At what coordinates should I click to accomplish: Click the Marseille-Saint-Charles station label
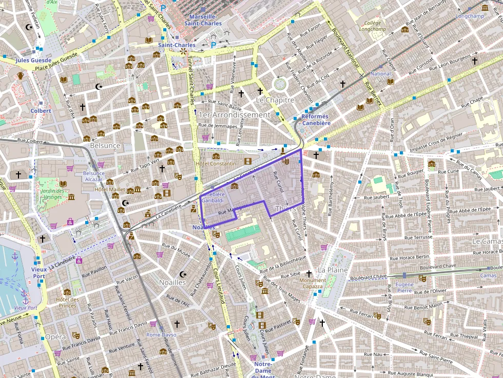point(203,20)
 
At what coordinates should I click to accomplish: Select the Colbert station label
point(41,111)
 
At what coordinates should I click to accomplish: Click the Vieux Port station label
point(38,272)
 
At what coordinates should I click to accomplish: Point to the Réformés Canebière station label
point(316,120)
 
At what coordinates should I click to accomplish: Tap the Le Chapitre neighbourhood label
point(275,100)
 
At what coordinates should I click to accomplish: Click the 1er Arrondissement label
point(234,115)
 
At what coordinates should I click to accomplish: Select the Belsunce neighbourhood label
point(105,146)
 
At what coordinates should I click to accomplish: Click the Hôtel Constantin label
point(216,164)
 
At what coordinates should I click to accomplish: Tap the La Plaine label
point(333,270)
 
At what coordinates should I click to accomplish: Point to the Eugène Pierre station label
point(404,287)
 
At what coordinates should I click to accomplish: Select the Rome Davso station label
point(161,335)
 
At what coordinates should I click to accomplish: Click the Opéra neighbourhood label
point(55,337)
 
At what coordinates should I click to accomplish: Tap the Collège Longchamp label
point(373,26)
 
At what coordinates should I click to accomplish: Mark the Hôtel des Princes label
point(67,303)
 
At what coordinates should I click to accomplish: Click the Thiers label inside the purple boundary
point(285,209)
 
